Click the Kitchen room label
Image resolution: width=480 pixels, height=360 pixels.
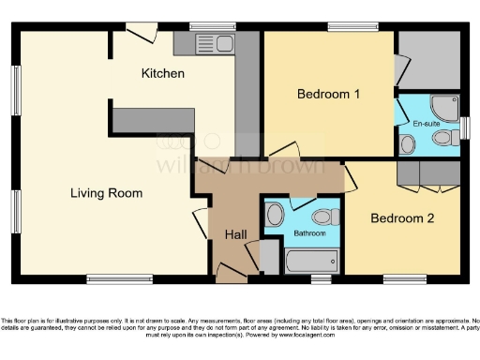click(162, 73)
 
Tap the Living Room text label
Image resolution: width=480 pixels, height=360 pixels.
click(106, 193)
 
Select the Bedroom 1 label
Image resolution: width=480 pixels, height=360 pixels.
click(327, 94)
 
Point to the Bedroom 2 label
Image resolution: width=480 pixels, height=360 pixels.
click(401, 218)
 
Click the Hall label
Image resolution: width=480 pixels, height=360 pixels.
click(236, 232)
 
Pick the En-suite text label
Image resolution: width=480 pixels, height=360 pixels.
click(426, 123)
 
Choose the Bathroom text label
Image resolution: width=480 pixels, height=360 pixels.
click(308, 232)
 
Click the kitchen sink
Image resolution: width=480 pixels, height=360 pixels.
click(213, 43)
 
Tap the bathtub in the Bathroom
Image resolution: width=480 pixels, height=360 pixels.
click(311, 260)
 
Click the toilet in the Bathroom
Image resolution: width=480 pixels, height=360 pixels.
click(274, 216)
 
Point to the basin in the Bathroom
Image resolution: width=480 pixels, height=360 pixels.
click(320, 216)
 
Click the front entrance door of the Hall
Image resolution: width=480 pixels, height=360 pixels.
click(232, 273)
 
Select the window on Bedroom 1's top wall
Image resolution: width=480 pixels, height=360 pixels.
click(353, 26)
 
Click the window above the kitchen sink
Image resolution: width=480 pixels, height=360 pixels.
click(212, 26)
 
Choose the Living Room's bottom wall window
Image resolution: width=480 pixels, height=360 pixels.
click(119, 278)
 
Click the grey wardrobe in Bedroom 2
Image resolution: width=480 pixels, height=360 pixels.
click(427, 172)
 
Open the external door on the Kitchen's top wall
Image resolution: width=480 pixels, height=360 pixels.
click(142, 32)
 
